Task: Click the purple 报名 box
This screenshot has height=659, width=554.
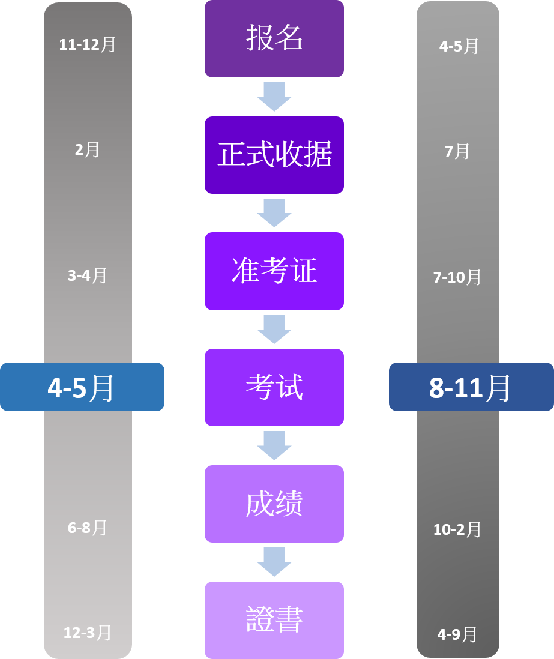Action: point(274,38)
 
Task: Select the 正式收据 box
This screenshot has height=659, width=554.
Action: point(274,155)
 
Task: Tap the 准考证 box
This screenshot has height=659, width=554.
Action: point(274,271)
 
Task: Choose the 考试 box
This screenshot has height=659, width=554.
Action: point(274,388)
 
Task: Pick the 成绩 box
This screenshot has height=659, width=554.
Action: point(274,504)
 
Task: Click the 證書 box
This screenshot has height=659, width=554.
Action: point(274,620)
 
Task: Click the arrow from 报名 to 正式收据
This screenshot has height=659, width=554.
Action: point(274,97)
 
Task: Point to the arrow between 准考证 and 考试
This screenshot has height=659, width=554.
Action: point(274,329)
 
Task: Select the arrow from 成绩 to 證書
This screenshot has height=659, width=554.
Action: point(274,562)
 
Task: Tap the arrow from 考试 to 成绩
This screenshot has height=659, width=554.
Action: point(274,445)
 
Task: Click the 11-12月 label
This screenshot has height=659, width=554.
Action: point(88,44)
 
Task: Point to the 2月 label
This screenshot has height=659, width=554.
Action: point(88,149)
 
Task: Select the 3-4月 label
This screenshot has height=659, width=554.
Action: point(88,275)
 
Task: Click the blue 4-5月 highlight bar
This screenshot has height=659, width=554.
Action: point(82,387)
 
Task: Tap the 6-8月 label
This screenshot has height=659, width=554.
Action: point(88,528)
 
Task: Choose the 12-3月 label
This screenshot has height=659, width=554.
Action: point(88,633)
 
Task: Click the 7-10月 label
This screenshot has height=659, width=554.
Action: point(457,277)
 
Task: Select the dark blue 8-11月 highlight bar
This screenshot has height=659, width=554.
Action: point(471,387)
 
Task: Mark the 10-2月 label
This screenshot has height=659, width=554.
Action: point(457,529)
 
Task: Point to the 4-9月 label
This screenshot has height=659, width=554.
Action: point(457,634)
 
